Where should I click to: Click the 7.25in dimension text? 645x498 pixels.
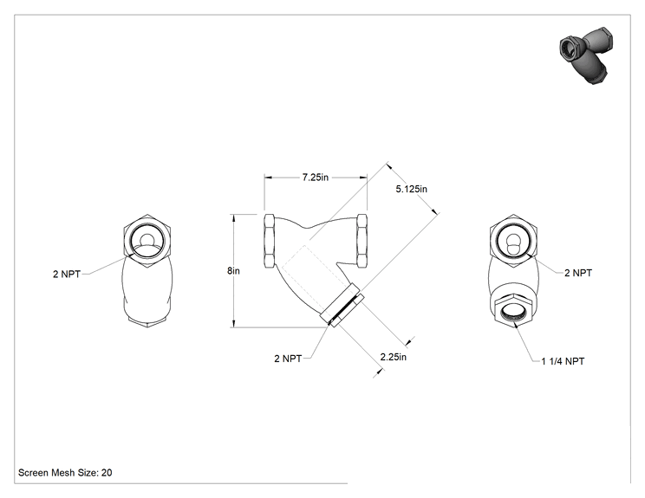(316, 178)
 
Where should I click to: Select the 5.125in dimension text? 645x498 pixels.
(411, 189)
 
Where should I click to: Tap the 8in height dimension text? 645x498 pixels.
(233, 271)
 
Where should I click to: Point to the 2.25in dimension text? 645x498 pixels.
(394, 357)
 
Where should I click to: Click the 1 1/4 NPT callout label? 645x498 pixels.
(563, 361)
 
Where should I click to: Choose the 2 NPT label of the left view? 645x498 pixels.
(67, 274)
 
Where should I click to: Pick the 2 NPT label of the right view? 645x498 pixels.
(578, 273)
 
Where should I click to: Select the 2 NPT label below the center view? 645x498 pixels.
(288, 359)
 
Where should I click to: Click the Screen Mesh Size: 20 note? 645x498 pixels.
(65, 473)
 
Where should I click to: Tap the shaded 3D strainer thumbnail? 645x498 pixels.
(586, 55)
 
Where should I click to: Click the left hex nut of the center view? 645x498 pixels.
(270, 241)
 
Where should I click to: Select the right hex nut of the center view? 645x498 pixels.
(362, 241)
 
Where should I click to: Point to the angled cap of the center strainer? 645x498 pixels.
(342, 305)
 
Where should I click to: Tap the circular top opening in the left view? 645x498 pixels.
(147, 241)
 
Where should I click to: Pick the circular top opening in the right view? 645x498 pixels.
(513, 241)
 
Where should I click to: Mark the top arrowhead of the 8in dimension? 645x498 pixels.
(234, 217)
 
